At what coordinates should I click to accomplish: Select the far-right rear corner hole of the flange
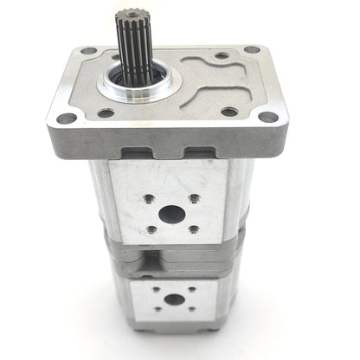tap(251, 49)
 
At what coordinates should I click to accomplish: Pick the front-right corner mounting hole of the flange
tap(269, 117)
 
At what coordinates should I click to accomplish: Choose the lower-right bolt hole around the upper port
tap(192, 228)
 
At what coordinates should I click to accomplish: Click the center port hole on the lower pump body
tap(174, 299)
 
